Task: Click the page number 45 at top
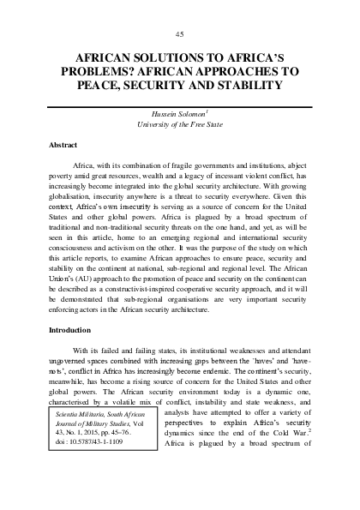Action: pos(179,33)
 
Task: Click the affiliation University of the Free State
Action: pos(179,124)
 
